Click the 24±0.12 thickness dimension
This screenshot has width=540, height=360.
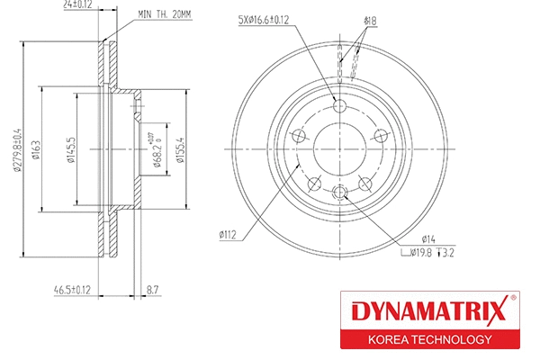(x=77, y=4)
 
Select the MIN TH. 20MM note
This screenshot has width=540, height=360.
(x=165, y=14)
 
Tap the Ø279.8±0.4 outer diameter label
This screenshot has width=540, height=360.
(x=17, y=150)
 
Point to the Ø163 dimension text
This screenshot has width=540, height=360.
(x=36, y=150)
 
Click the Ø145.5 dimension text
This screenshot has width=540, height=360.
(x=71, y=150)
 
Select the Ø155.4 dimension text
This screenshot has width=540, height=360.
(x=181, y=150)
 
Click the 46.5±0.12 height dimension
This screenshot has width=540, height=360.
(x=72, y=290)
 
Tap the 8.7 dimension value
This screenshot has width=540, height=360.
(x=152, y=290)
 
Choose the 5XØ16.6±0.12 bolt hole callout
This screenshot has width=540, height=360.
(x=264, y=20)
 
